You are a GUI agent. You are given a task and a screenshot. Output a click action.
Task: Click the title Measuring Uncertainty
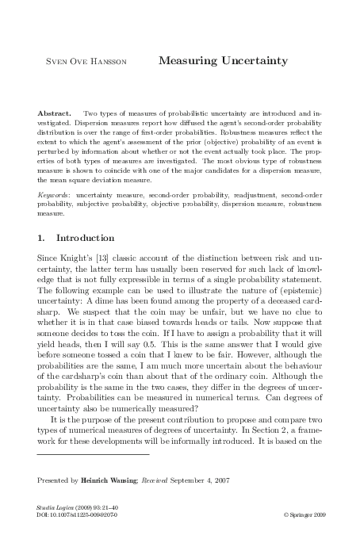tap(223, 59)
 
